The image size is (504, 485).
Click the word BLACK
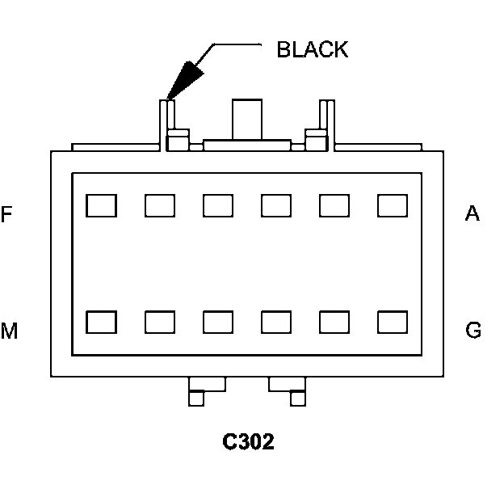[312, 49]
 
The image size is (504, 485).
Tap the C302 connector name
[248, 441]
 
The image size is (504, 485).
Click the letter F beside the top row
[6, 214]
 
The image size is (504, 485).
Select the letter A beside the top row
[472, 213]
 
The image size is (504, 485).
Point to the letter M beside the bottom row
[9, 331]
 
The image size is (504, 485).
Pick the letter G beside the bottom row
[473, 330]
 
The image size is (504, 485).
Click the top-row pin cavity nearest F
[101, 205]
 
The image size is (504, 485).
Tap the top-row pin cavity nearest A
[393, 205]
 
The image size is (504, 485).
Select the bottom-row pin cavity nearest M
[101, 322]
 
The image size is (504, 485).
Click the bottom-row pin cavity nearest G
[393, 322]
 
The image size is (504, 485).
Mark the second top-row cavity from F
[160, 205]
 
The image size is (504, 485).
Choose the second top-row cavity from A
[334, 205]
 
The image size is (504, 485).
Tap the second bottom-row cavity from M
[160, 322]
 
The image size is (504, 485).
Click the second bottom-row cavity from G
[334, 322]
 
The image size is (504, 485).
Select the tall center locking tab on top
[247, 120]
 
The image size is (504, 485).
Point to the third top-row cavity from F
[218, 205]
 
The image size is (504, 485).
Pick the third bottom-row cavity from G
[276, 322]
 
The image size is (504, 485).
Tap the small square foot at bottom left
[196, 399]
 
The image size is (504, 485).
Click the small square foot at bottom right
[298, 399]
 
